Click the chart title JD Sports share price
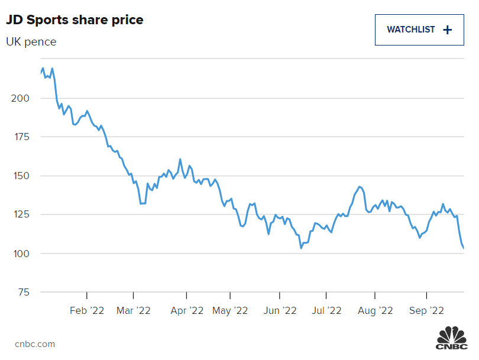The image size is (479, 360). [75, 20]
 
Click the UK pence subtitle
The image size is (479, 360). [31, 42]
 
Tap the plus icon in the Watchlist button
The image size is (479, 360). [447, 30]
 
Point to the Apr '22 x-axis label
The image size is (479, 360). [187, 310]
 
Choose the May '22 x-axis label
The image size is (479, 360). [230, 310]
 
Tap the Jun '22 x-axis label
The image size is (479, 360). [280, 310]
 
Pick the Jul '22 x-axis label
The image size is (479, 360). [326, 310]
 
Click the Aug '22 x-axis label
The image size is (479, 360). [376, 310]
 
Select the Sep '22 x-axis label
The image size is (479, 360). [426, 310]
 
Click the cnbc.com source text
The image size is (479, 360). [35, 343]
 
